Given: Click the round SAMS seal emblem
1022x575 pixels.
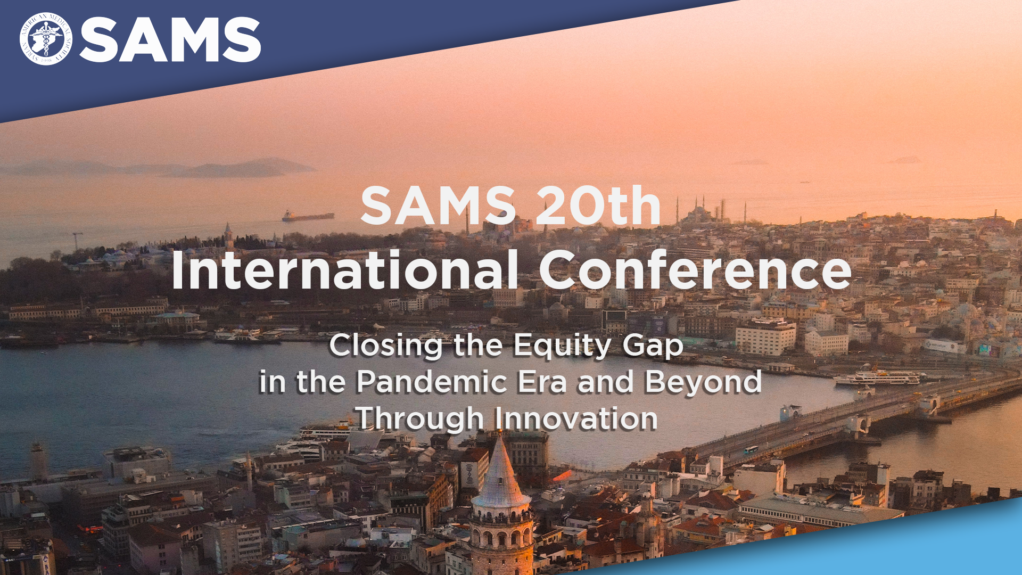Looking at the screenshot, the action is coord(46,39).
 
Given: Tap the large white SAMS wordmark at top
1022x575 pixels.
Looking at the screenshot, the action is coord(170,39).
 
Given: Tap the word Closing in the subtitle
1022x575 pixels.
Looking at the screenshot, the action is coord(386,346).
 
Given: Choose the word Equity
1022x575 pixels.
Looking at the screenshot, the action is coord(563,346).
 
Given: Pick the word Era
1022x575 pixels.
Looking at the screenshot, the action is coord(547,382).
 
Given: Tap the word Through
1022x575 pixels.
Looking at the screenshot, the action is coord(419,419).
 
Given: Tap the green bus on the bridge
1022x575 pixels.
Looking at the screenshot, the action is coord(751,450).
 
